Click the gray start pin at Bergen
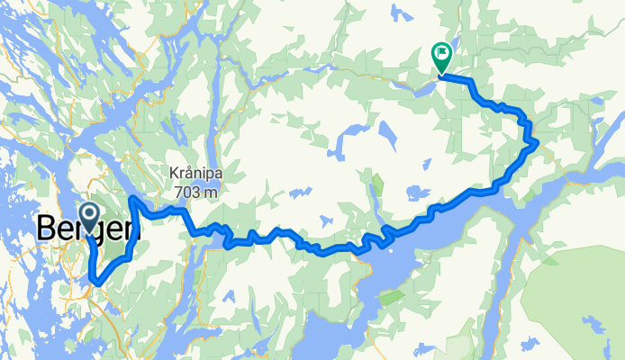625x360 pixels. (x=89, y=213)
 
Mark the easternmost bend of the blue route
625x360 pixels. (x=537, y=141)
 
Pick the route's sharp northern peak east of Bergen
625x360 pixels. (x=133, y=197)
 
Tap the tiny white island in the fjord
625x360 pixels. (x=394, y=295)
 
